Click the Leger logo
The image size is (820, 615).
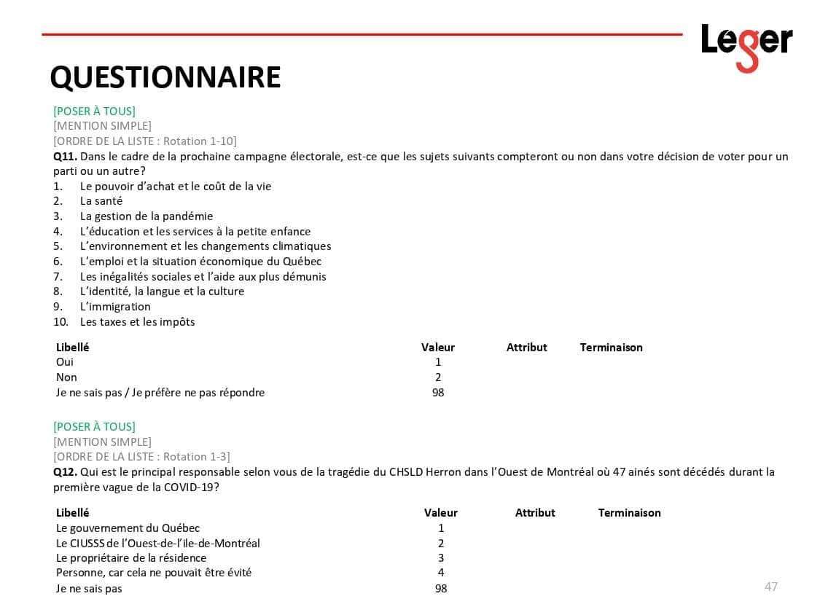click(746, 46)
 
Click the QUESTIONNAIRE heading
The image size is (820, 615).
click(165, 77)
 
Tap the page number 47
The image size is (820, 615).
click(770, 587)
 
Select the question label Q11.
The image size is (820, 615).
click(65, 157)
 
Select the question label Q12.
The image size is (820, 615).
click(65, 472)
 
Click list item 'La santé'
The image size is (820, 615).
click(101, 201)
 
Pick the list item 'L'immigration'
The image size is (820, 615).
click(115, 307)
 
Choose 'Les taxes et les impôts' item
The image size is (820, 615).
click(137, 322)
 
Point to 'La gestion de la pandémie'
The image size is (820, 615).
click(147, 216)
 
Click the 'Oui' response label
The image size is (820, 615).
click(65, 362)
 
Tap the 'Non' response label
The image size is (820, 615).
click(66, 377)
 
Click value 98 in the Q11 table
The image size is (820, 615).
click(437, 393)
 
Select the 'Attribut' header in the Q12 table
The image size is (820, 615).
click(535, 513)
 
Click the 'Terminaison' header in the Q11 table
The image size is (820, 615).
click(611, 348)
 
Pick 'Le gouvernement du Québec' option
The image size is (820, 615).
click(128, 528)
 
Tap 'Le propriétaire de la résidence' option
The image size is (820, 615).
click(131, 558)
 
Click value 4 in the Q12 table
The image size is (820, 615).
click(441, 573)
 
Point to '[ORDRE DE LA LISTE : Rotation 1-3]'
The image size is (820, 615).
click(141, 457)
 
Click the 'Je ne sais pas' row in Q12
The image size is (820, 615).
click(89, 589)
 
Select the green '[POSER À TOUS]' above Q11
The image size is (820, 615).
click(94, 111)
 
